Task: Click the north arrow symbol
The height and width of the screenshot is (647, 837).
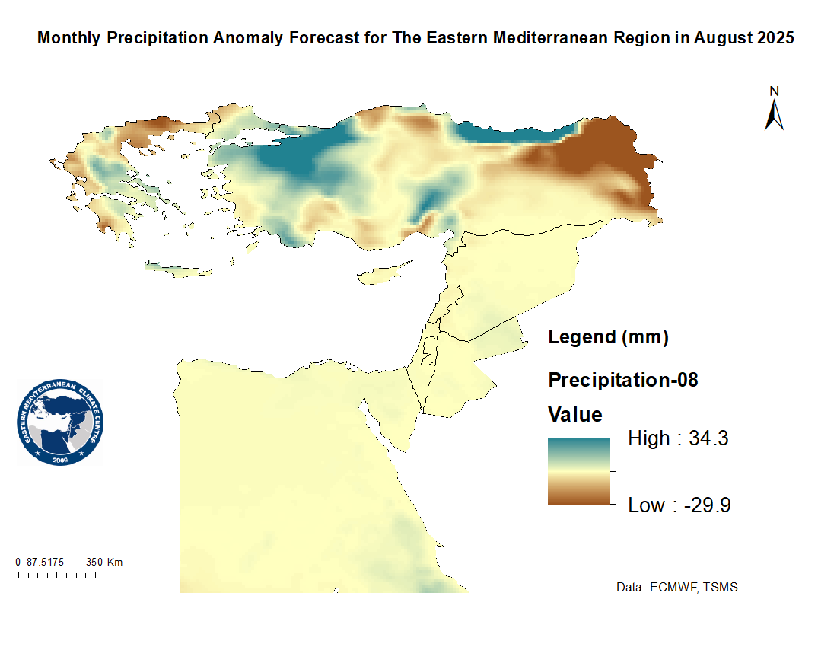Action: pyautogui.click(x=775, y=114)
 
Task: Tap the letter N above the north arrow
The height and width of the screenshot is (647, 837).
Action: pyautogui.click(x=775, y=91)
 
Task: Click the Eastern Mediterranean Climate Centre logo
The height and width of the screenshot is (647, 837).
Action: pyautogui.click(x=61, y=422)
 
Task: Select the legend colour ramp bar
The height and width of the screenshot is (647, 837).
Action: pyautogui.click(x=579, y=470)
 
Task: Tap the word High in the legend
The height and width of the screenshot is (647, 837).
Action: pyautogui.click(x=648, y=438)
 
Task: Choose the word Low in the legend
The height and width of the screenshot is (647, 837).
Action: pyautogui.click(x=647, y=505)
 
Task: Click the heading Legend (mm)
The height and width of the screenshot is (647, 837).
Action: pyautogui.click(x=608, y=337)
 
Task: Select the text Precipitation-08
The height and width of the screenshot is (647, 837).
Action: pyautogui.click(x=623, y=379)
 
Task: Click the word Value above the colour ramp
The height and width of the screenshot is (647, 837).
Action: pyautogui.click(x=575, y=415)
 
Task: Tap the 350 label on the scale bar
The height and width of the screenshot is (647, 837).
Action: pyautogui.click(x=94, y=563)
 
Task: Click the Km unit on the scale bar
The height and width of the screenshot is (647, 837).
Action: pyautogui.click(x=115, y=563)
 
